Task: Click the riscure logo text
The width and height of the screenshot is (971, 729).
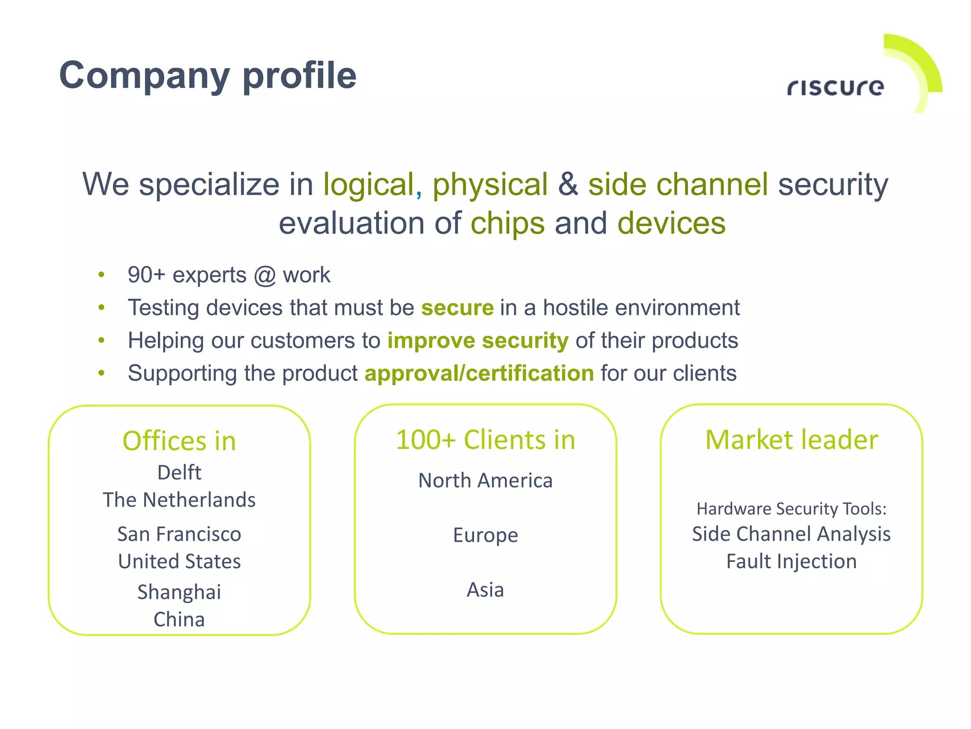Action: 835,87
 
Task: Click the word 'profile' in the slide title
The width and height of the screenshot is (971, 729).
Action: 299,76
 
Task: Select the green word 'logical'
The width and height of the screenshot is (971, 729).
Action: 369,185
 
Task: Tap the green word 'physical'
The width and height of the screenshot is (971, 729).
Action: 490,185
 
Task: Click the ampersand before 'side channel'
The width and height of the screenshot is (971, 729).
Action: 568,185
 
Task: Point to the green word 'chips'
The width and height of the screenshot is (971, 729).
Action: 507,223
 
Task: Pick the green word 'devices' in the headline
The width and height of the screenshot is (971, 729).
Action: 671,223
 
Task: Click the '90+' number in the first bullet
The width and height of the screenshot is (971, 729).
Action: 147,275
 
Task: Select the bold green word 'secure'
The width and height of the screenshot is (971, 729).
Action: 457,308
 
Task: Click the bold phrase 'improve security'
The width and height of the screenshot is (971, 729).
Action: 477,341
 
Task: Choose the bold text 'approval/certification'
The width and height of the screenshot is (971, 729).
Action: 479,373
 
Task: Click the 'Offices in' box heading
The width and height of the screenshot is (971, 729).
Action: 179,441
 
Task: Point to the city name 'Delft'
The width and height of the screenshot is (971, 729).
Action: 179,472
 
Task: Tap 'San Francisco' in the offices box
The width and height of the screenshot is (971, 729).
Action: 179,534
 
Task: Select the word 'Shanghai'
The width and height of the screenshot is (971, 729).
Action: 179,592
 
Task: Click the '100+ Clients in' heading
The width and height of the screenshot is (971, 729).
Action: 485,440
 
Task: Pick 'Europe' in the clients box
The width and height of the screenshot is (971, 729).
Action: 485,535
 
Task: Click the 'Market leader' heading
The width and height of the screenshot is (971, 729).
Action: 791,440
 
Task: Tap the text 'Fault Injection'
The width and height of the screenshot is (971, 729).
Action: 791,562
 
